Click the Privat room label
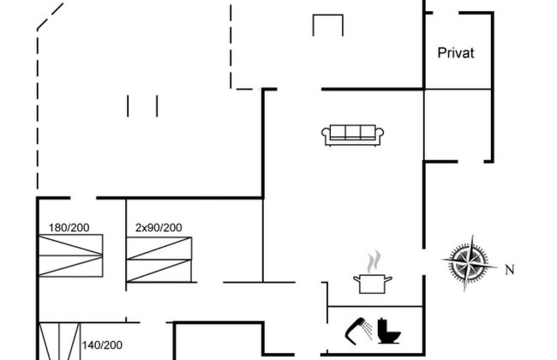point(456,53)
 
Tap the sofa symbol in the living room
point(352,135)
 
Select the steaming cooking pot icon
point(372,273)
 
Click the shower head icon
point(358,331)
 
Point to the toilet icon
point(389,331)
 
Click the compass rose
point(469,263)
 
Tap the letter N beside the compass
point(510,270)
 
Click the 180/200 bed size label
point(69,227)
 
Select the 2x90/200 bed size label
point(159,227)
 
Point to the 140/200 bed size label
point(102,345)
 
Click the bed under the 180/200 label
point(70,255)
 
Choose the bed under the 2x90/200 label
point(159,260)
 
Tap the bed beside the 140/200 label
point(59,341)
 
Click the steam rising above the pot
point(374,262)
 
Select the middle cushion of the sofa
point(353,132)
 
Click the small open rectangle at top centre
point(328,15)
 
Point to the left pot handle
point(356,279)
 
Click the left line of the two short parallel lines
point(128,106)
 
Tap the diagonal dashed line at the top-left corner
point(50,16)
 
